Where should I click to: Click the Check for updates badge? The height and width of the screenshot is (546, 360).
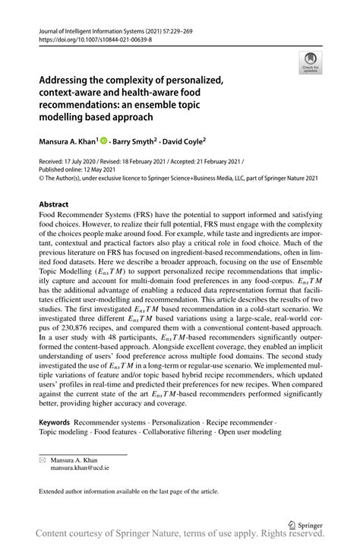click(310, 64)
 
